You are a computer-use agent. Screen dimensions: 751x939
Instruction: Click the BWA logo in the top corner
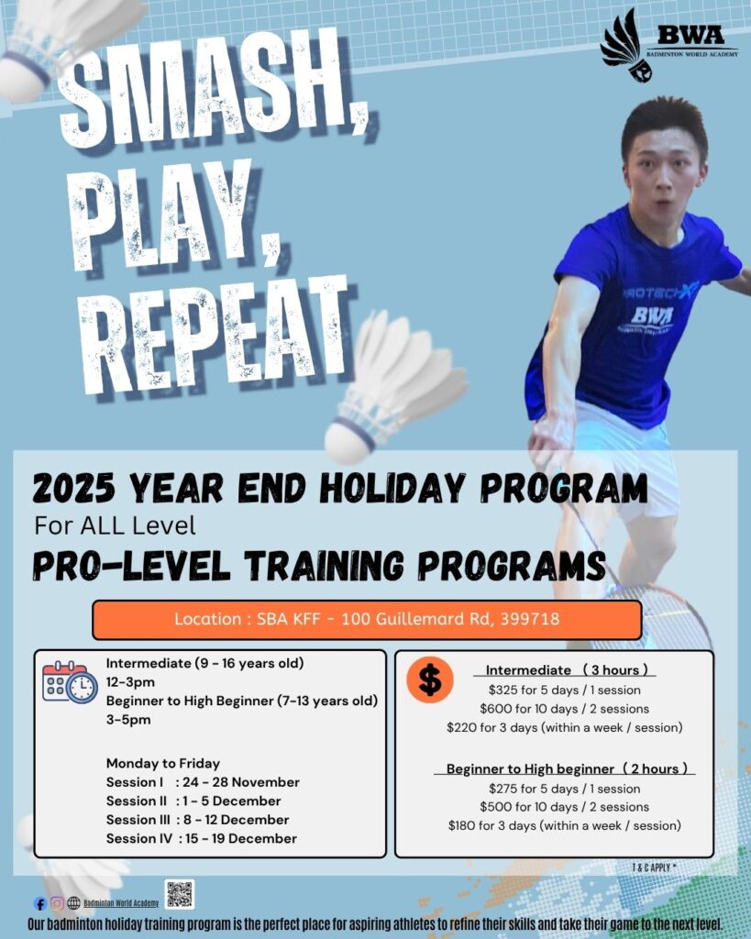[669, 46]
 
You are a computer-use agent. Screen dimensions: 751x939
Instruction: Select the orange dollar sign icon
[429, 679]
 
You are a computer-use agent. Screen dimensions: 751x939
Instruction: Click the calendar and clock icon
[70, 682]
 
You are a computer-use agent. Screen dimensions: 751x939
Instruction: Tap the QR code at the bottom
[180, 894]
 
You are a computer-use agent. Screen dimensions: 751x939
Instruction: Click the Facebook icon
[40, 903]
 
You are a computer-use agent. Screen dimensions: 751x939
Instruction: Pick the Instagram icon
[57, 903]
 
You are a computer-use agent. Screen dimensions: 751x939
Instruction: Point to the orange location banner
[367, 620]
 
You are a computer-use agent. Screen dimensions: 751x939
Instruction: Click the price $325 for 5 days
[564, 690]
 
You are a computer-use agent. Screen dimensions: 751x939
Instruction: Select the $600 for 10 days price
[564, 709]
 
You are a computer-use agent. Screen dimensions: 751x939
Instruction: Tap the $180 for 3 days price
[564, 826]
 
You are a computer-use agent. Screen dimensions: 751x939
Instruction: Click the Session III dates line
[198, 820]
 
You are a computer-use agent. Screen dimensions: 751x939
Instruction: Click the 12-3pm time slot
[130, 682]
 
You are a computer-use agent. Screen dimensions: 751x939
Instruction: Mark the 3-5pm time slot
[128, 720]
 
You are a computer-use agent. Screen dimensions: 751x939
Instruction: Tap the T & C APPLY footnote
[654, 867]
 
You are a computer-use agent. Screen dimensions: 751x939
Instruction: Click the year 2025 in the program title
[73, 488]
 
